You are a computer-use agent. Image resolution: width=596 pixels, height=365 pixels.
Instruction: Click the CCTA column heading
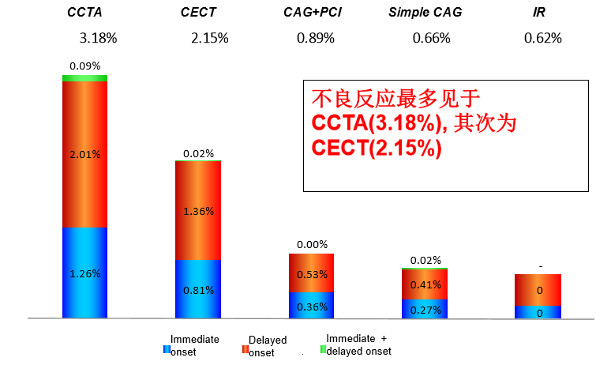click(85, 13)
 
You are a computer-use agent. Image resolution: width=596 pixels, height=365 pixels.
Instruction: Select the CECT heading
click(197, 13)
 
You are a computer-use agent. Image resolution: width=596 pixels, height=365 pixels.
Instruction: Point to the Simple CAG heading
click(425, 13)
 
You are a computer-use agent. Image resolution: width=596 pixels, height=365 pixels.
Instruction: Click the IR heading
click(540, 13)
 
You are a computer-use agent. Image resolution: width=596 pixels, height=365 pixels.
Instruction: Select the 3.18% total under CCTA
click(98, 38)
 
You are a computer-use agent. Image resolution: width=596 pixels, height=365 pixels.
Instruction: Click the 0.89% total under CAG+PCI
click(316, 38)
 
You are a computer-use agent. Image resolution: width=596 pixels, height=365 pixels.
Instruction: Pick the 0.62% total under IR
click(543, 38)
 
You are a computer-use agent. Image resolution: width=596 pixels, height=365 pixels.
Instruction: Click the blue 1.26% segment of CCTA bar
click(85, 273)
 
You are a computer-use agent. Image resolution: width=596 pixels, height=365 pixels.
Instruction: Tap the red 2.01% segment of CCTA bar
click(85, 154)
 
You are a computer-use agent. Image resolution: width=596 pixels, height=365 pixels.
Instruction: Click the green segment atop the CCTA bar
click(85, 78)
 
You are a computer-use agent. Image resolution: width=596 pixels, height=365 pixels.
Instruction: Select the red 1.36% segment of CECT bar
click(198, 211)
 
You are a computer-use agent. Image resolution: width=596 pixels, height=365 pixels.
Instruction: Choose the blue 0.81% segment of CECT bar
click(198, 289)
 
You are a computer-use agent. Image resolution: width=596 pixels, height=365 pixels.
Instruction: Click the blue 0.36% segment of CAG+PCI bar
click(312, 306)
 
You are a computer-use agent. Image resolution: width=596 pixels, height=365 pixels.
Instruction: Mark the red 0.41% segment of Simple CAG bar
click(425, 284)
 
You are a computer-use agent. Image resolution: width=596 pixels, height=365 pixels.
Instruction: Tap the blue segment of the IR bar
click(538, 312)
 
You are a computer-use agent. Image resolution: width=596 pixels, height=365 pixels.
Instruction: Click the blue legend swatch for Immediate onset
click(167, 349)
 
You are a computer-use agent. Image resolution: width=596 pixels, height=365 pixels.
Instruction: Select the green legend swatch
click(322, 349)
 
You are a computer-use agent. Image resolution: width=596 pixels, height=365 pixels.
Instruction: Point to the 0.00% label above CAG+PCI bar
click(312, 245)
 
